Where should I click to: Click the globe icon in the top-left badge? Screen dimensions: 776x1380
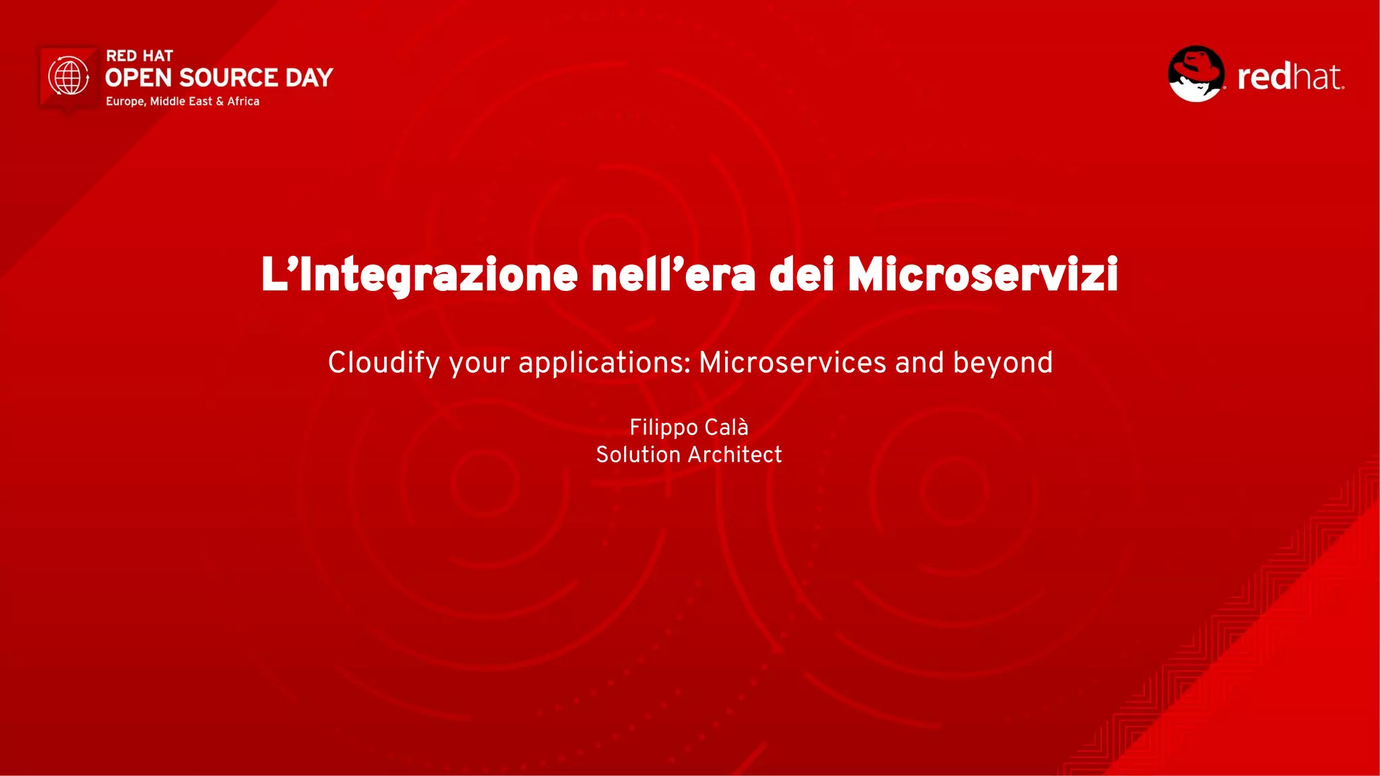[69, 76]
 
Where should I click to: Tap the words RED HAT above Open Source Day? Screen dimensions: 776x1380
[139, 56]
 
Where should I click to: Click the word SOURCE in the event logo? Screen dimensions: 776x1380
[228, 78]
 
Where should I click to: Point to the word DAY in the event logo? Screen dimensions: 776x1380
[309, 78]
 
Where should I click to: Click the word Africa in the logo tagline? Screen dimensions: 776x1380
[243, 101]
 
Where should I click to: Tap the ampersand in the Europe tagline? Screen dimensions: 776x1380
[220, 101]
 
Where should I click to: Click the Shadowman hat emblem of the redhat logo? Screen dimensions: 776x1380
[1196, 73]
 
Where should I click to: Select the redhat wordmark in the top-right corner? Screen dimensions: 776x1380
[1290, 77]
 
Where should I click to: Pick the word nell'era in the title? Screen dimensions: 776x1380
[673, 275]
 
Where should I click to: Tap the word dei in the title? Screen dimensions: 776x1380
[802, 275]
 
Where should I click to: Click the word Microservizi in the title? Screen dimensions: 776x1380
[983, 275]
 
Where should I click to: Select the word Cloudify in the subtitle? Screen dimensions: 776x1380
[384, 363]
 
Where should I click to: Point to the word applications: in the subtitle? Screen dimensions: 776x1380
[604, 363]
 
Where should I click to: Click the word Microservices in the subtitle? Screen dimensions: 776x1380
[792, 362]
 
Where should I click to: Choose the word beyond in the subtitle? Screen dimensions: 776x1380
[1003, 363]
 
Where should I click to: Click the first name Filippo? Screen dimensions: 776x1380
[664, 428]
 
